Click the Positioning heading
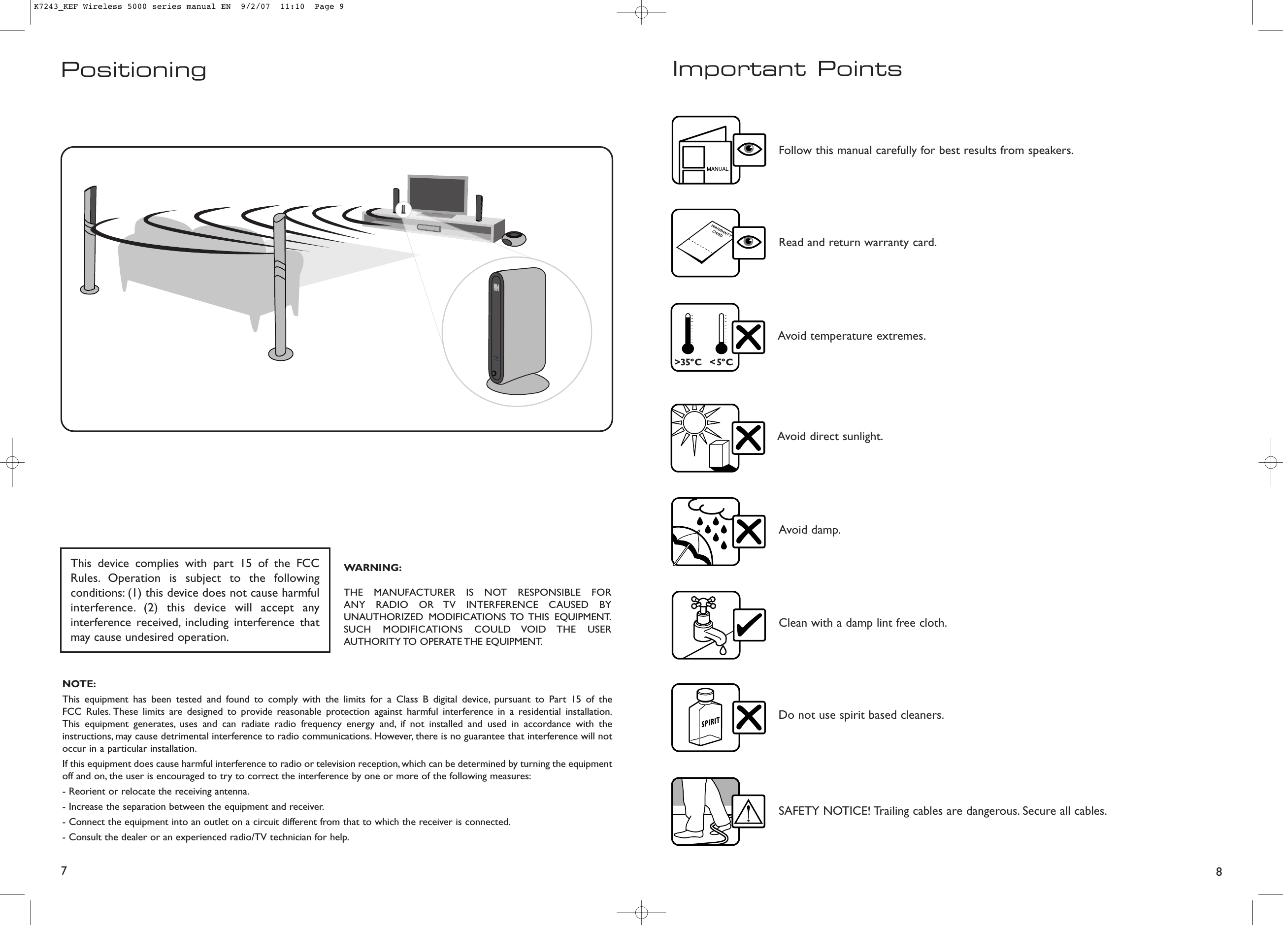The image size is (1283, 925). [133, 70]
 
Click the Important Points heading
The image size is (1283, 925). [787, 69]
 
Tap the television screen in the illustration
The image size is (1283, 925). [437, 194]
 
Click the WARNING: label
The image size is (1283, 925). [373, 568]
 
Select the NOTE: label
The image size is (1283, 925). [79, 684]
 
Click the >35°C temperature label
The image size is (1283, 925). [688, 362]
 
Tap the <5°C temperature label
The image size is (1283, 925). [721, 362]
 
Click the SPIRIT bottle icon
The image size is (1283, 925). [705, 719]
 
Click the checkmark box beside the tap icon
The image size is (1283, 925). [749, 625]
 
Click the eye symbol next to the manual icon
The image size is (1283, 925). [750, 150]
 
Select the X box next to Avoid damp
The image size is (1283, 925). [749, 532]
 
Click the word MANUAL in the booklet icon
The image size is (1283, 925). [717, 168]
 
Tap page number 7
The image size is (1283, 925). [64, 870]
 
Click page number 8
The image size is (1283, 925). [1218, 871]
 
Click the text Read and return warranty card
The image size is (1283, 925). [857, 243]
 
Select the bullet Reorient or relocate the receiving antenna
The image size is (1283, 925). [156, 791]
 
